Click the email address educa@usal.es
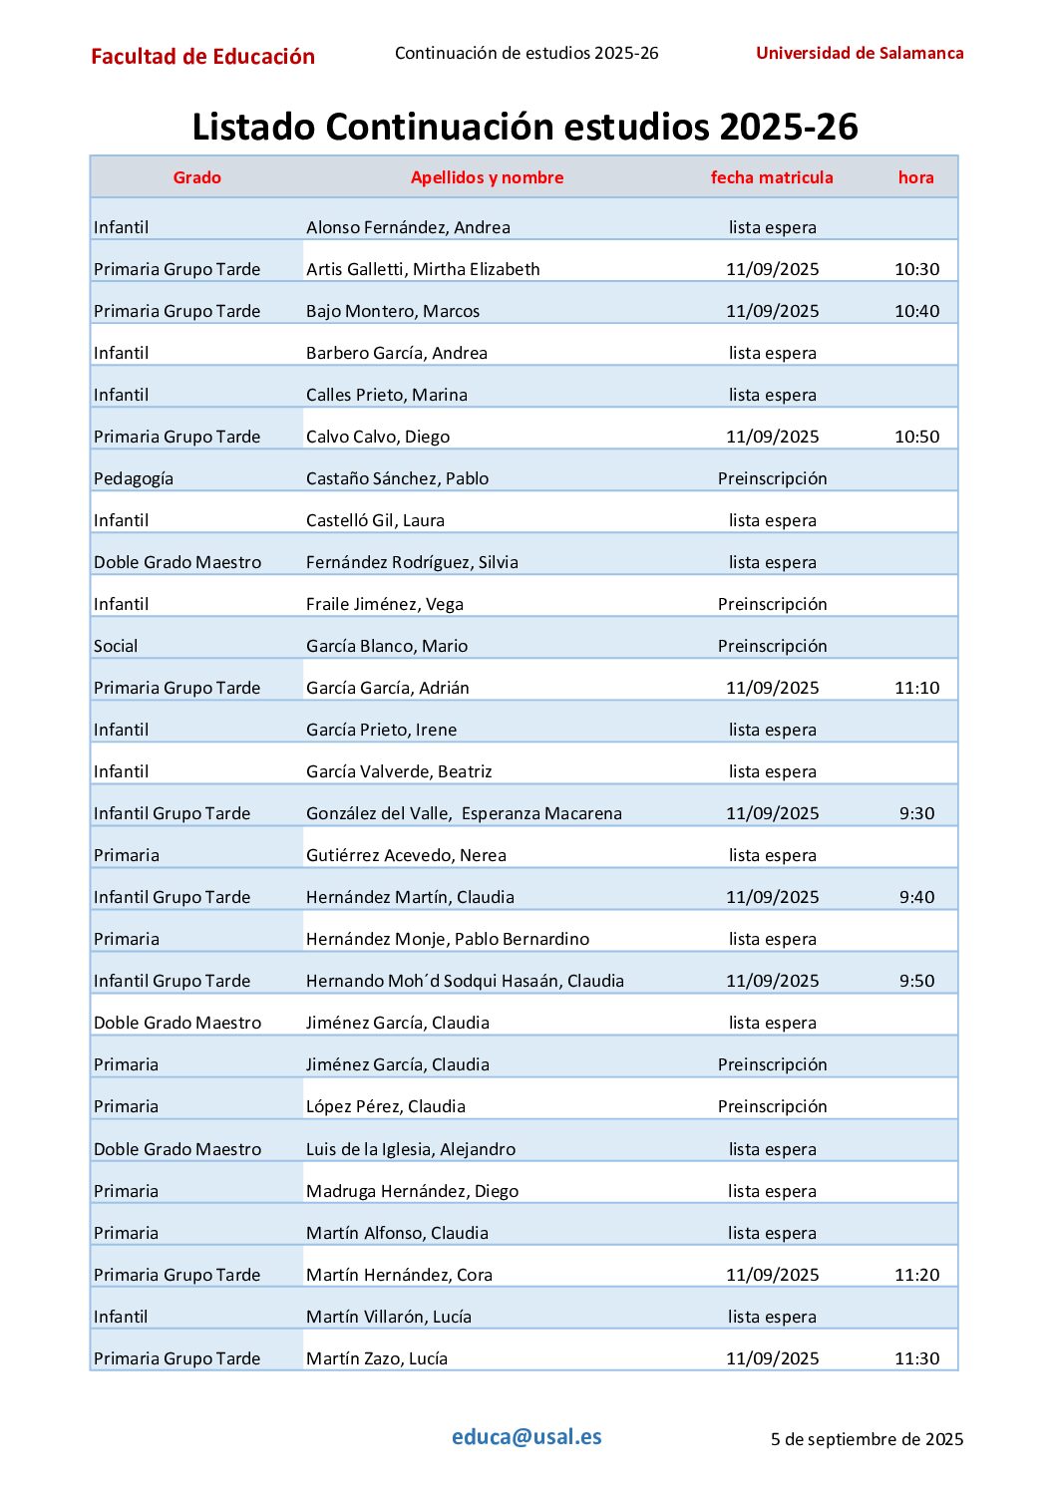(x=527, y=1436)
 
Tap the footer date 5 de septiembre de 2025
(x=867, y=1439)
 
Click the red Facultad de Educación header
(x=202, y=57)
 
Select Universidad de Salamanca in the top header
(x=860, y=53)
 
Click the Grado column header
(x=196, y=177)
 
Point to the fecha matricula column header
(x=772, y=177)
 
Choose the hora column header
(x=915, y=177)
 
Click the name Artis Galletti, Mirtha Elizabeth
(x=423, y=269)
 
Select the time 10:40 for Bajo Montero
(x=916, y=311)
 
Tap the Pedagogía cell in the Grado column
(x=134, y=478)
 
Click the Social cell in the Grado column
(x=116, y=646)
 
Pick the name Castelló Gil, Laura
(x=375, y=520)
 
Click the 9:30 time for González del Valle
(x=916, y=813)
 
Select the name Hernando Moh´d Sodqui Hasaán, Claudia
(x=465, y=981)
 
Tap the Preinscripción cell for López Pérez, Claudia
(x=772, y=1106)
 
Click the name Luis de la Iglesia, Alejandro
(x=411, y=1149)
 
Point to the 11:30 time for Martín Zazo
(x=916, y=1358)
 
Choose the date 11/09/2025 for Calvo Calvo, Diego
(x=772, y=437)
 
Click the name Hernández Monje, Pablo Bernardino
(x=448, y=939)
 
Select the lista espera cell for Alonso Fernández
(x=772, y=227)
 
